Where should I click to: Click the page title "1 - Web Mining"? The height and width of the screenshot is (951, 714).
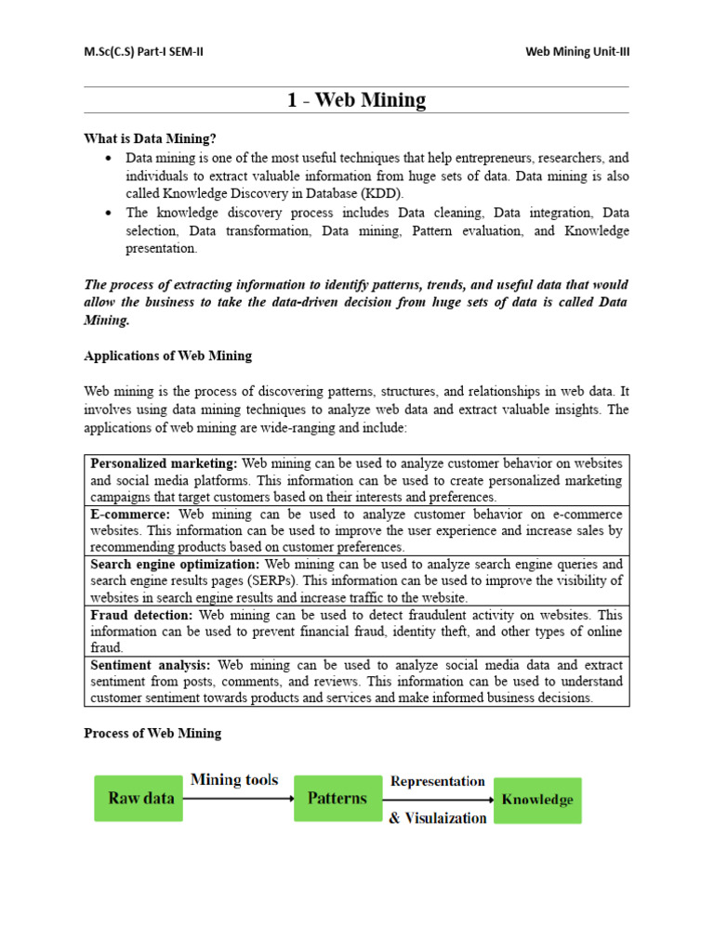coord(356,100)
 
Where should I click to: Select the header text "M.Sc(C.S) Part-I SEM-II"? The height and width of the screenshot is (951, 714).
coord(143,52)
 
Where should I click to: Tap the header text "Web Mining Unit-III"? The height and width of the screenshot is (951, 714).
coord(577,52)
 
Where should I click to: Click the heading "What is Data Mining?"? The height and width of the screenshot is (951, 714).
coord(150,138)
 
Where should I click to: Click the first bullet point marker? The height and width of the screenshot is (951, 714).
coord(110,158)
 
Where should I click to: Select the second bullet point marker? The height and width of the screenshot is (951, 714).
coord(110,213)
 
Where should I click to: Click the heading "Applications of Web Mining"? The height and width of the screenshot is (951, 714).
coord(168,356)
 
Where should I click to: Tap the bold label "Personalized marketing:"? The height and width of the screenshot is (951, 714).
coord(165,462)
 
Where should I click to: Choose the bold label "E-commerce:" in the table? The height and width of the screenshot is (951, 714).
coord(130,514)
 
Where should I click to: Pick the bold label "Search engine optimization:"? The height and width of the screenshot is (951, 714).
coord(176,564)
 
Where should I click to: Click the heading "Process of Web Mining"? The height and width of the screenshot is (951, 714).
coord(152,733)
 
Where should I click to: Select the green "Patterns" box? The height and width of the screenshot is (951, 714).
coord(337,799)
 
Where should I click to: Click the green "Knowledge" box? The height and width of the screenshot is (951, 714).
coord(537,800)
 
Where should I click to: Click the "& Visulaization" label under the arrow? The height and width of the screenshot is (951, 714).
coord(437,818)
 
